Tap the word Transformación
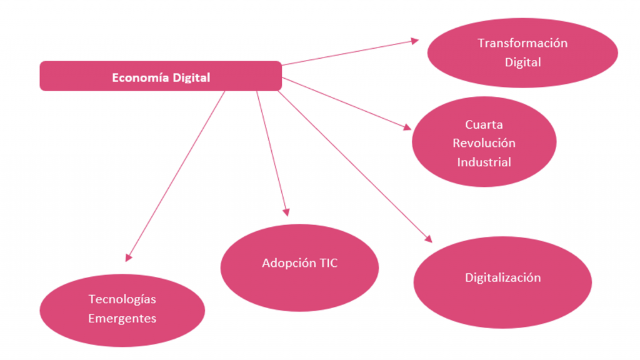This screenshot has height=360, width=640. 522,43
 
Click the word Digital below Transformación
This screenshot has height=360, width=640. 522,62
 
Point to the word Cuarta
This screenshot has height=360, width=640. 484,124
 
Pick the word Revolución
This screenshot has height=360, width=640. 484,143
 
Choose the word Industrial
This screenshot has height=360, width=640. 484,162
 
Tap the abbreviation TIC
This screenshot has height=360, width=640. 329,263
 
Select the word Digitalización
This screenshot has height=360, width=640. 502,277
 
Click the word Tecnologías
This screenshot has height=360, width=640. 122,299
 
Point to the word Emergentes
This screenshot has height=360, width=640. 122,318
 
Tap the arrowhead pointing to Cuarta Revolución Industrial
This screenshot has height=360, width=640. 407,127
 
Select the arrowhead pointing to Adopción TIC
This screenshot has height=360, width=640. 286,211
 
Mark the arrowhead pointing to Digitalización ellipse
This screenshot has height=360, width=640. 428,238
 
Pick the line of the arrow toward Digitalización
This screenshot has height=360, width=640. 353,164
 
